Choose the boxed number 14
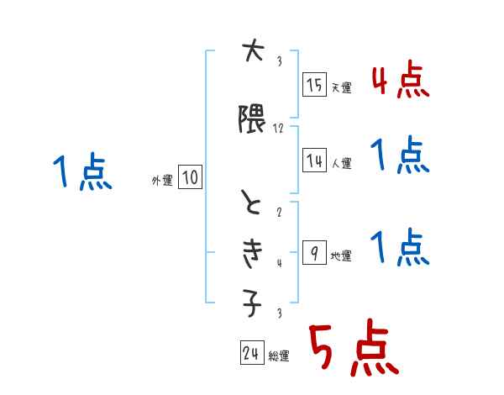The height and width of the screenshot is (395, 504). (314, 161)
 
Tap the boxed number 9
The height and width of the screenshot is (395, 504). (313, 252)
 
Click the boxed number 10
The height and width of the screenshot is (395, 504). (190, 177)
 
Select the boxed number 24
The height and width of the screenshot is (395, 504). (250, 353)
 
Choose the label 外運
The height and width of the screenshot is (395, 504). (161, 180)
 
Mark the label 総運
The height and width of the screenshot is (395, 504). (279, 356)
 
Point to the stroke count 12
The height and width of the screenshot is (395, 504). (279, 129)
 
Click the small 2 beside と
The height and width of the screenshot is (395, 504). (279, 213)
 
